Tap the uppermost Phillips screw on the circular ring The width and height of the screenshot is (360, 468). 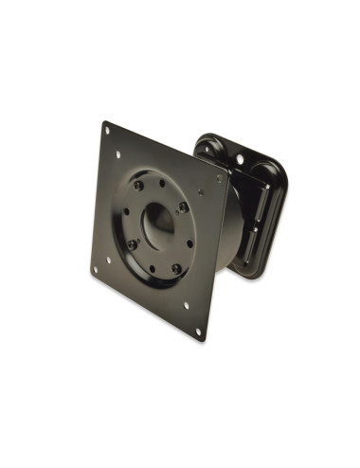(x=139, y=187)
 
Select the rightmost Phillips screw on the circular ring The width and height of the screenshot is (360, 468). (x=183, y=206)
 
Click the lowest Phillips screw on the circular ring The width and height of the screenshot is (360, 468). (x=176, y=268)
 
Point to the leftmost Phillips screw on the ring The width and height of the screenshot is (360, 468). (x=133, y=243)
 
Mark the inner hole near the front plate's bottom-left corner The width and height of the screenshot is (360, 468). (x=107, y=258)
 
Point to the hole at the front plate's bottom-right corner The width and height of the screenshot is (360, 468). (x=200, y=329)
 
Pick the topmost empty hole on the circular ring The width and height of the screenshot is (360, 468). (x=162, y=183)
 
